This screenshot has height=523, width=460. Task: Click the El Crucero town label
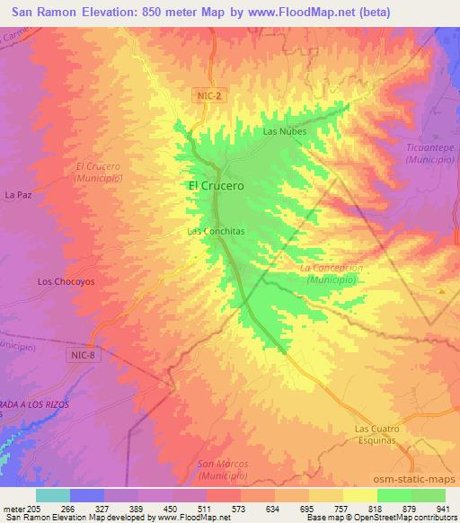(216, 185)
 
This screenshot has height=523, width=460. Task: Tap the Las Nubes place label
(285, 131)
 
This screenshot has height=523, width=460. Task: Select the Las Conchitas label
(216, 231)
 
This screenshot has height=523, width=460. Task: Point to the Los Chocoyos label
(66, 281)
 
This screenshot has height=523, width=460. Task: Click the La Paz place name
(18, 194)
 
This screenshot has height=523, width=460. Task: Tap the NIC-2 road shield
(206, 94)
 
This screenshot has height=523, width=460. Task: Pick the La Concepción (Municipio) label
(332, 274)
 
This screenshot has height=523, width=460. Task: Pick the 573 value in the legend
(240, 509)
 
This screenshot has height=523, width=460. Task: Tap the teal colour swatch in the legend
(53, 495)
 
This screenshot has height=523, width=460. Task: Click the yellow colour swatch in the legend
(360, 495)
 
